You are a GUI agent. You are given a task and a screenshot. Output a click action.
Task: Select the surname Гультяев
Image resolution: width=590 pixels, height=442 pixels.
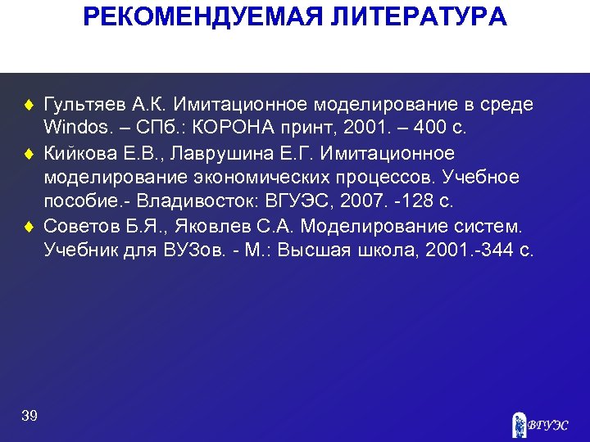tap(84, 106)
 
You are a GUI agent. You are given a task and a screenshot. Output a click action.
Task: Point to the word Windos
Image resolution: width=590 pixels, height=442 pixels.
tap(72, 129)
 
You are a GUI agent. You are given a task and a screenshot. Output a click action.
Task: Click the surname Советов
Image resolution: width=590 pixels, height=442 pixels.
tap(79, 226)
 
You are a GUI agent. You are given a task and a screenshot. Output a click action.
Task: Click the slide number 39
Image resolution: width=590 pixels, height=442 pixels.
tap(29, 416)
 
